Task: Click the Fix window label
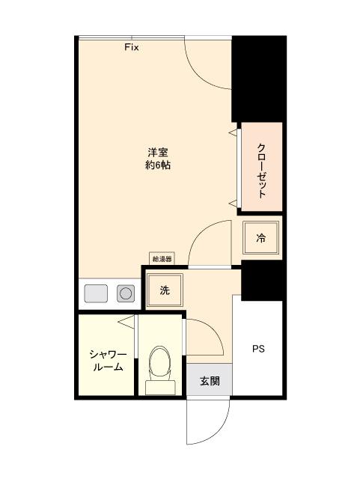(x=132, y=47)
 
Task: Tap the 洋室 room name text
(x=157, y=153)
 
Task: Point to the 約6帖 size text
(x=157, y=165)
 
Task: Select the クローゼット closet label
(x=261, y=170)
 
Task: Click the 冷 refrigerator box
(x=261, y=239)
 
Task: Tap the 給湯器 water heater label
(x=162, y=259)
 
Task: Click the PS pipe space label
(x=258, y=349)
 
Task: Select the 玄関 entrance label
(x=209, y=381)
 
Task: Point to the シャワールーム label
(x=107, y=361)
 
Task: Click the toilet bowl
(x=160, y=362)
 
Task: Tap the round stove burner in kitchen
(x=126, y=293)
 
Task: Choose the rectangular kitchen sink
(x=97, y=293)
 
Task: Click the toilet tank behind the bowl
(x=160, y=386)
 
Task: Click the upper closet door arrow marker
(x=232, y=133)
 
